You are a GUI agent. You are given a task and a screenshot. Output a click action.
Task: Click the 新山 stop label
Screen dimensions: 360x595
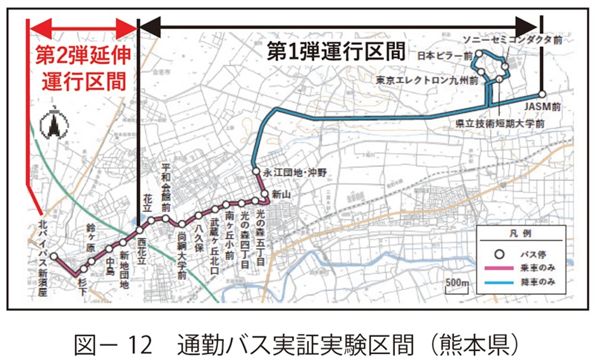[x=280, y=194]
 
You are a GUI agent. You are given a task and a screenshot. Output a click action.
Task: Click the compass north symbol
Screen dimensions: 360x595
[x=54, y=125]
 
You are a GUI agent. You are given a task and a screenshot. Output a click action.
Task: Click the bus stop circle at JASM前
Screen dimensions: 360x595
[x=543, y=94]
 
